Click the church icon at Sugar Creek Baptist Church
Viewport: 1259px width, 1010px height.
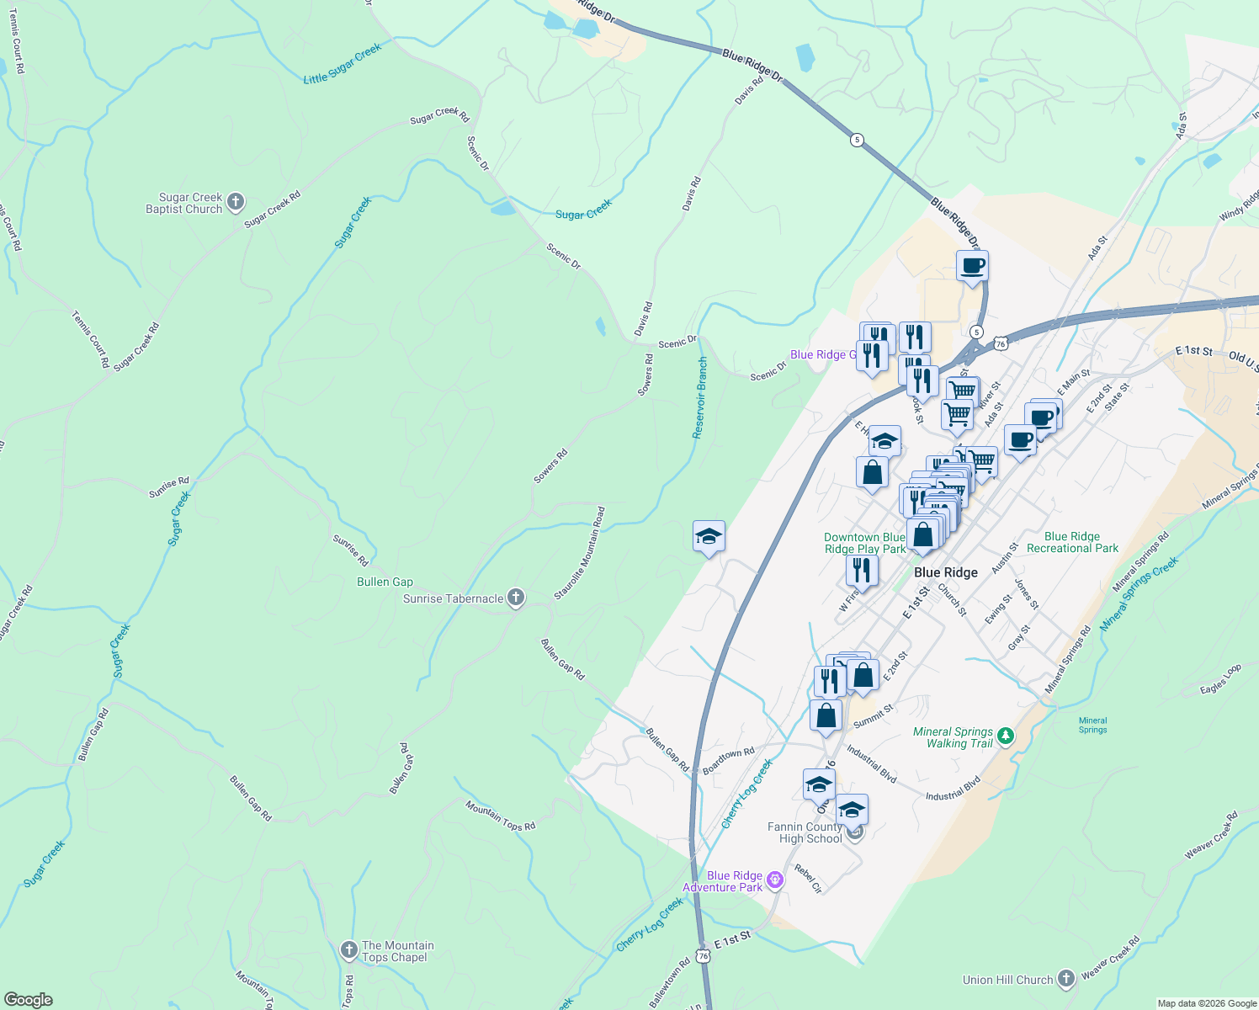pos(236,202)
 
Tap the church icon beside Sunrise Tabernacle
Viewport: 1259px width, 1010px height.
pos(516,598)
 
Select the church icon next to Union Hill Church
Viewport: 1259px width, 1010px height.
pos(1066,978)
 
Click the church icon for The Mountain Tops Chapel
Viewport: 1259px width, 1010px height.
pos(348,950)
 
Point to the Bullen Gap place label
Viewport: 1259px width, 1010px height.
pos(385,582)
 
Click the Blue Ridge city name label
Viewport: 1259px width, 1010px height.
pos(945,572)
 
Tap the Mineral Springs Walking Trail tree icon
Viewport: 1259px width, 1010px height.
pos(1006,736)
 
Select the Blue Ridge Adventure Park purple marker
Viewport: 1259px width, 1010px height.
pos(775,880)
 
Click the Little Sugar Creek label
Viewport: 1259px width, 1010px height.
pos(342,64)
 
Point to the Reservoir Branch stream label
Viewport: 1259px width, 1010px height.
pos(699,397)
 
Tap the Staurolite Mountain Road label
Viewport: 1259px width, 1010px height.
pos(579,553)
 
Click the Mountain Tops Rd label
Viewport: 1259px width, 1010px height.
pos(500,816)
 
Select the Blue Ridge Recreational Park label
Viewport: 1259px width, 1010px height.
pos(1072,542)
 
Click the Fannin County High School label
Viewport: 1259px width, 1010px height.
pos(804,832)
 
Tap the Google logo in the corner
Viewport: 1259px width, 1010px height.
pos(28,1000)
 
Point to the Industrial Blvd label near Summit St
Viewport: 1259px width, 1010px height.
pos(871,763)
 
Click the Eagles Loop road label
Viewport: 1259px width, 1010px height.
pos(1220,679)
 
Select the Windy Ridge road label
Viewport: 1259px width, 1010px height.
pos(1239,206)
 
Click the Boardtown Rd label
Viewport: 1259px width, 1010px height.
pos(728,760)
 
